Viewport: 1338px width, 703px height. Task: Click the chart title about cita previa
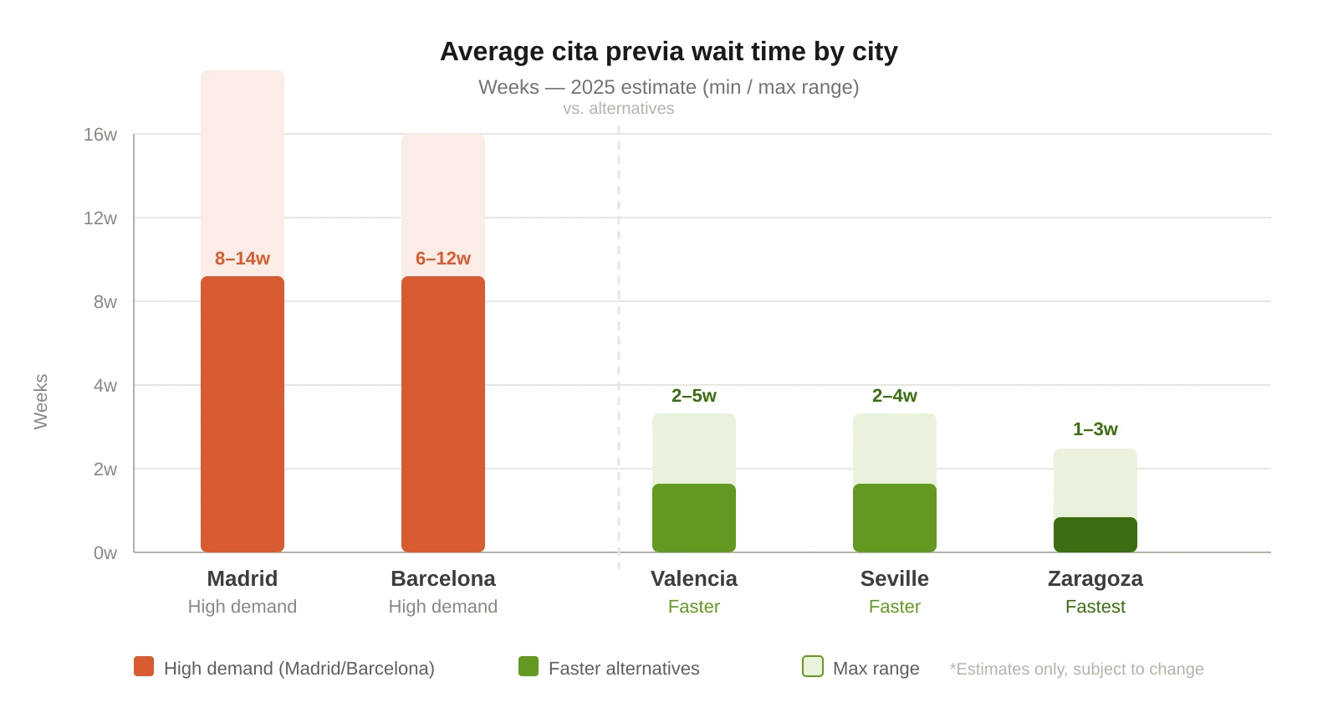coord(668,52)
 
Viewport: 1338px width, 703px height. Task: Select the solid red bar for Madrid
coord(243,414)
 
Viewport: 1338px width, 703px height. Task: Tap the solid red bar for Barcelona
coord(443,414)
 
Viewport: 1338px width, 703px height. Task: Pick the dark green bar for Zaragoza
coord(1095,535)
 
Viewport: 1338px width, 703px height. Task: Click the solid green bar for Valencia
coord(694,518)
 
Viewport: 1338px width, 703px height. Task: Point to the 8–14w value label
coord(243,259)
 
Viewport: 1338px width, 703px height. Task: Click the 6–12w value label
coord(443,259)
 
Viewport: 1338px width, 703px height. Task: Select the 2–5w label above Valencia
coord(694,396)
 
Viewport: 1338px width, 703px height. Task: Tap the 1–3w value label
coord(1095,429)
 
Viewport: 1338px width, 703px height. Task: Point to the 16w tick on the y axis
coord(100,135)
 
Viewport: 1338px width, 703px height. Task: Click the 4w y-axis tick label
coord(105,386)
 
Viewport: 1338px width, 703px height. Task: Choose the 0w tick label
coord(105,553)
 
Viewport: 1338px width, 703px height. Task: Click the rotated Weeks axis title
coord(41,402)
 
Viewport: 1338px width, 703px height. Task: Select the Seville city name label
coord(895,579)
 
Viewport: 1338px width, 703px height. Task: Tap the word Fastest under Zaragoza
coord(1095,607)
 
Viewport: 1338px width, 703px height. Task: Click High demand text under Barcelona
coord(443,607)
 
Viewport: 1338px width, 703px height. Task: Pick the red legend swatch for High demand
coord(144,666)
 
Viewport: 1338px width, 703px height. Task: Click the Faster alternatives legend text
coord(624,669)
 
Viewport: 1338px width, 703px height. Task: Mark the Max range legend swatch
coord(813,666)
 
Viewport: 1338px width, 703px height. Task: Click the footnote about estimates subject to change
coord(1077,670)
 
